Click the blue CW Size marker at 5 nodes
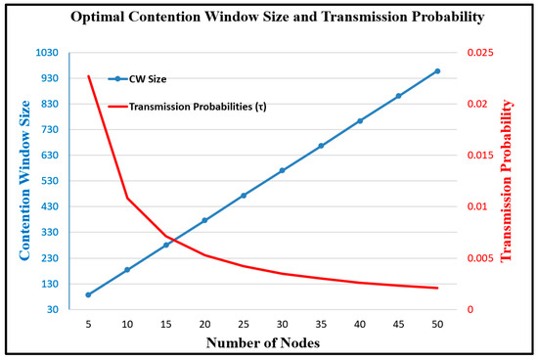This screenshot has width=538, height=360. (x=88, y=294)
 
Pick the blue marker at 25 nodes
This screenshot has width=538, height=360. (x=244, y=196)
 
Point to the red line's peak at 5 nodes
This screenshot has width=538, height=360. (x=88, y=76)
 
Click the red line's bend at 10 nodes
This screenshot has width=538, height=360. (x=127, y=199)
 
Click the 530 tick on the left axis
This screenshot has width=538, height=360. (x=58, y=181)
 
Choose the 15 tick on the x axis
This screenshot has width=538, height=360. (x=166, y=324)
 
